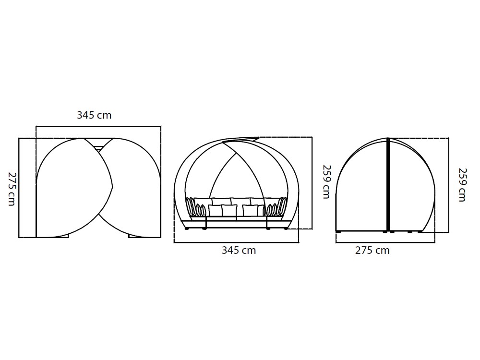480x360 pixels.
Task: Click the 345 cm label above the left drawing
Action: (94, 115)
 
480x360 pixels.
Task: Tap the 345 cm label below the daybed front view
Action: (239, 251)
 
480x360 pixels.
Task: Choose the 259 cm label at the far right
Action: (462, 184)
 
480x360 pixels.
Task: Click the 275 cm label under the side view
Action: (372, 251)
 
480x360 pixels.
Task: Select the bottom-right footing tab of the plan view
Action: (139, 236)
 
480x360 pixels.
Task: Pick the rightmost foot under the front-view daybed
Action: (287, 229)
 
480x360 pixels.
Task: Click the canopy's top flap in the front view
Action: (242, 140)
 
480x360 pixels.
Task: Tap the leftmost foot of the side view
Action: (339, 232)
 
